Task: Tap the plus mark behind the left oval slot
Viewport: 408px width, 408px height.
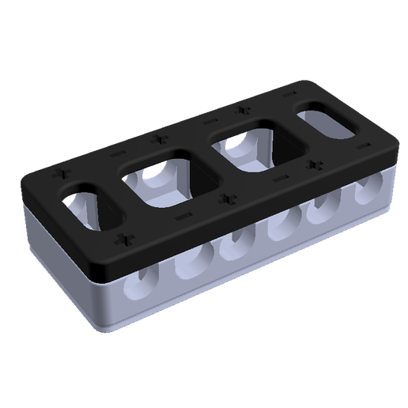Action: [x=59, y=171]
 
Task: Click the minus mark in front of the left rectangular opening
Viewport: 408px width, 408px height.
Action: [x=183, y=215]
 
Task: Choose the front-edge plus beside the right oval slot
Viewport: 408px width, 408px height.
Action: [x=316, y=164]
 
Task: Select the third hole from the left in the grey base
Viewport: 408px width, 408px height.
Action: [x=232, y=246]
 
